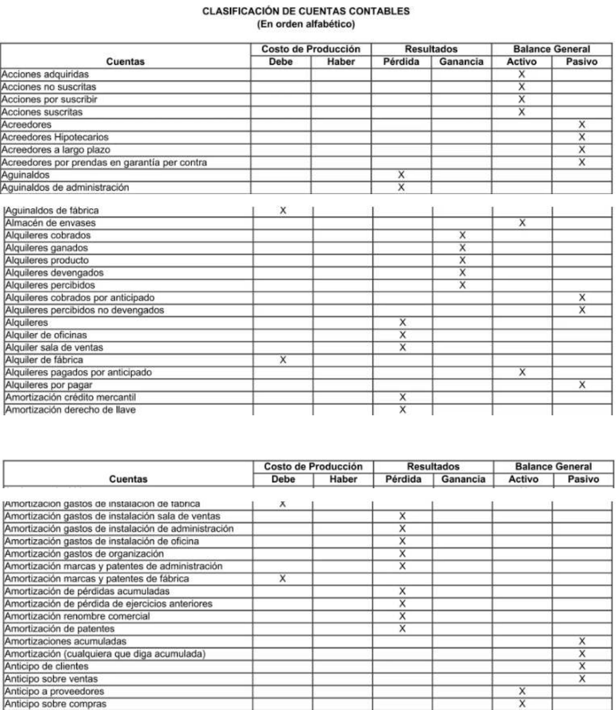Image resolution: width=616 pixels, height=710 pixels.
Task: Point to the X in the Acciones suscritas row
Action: [521, 112]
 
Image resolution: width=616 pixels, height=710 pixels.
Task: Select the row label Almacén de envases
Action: [42, 224]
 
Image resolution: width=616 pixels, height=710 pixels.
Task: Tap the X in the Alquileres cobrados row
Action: [461, 235]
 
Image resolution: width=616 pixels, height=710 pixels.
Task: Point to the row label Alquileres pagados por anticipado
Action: [67, 372]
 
